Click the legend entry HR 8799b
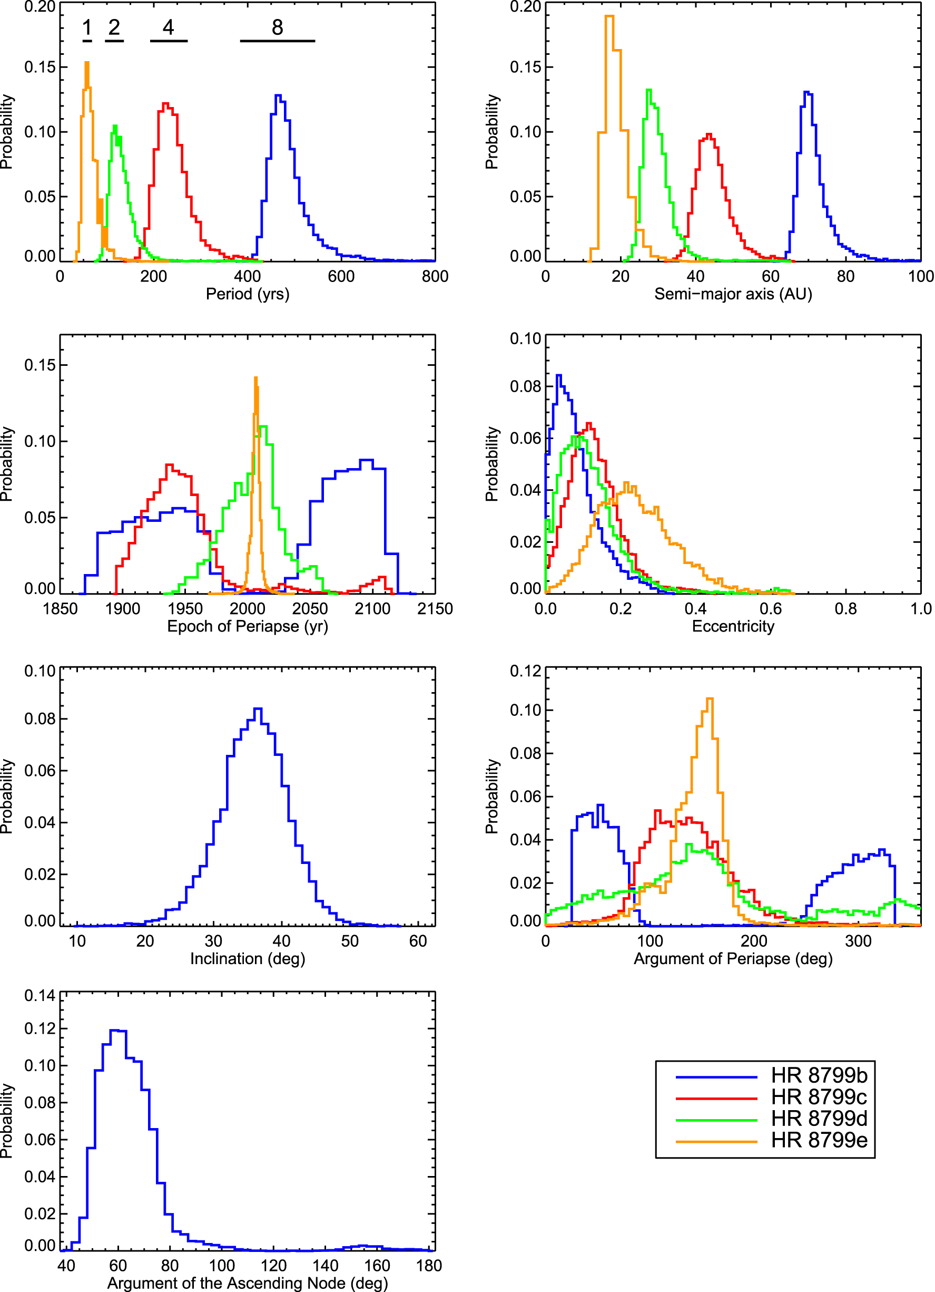819,1075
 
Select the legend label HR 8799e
819,1141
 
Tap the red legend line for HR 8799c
716,1097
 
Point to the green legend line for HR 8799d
716,1120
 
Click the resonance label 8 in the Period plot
277,27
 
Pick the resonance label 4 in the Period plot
168,27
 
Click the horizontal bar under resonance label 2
114,41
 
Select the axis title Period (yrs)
247,294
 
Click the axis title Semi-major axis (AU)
733,294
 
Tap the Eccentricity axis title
733,626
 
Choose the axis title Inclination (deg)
247,959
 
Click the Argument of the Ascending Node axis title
247,1284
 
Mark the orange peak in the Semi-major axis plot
609,16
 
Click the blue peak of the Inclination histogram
258,709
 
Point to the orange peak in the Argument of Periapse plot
710,699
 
